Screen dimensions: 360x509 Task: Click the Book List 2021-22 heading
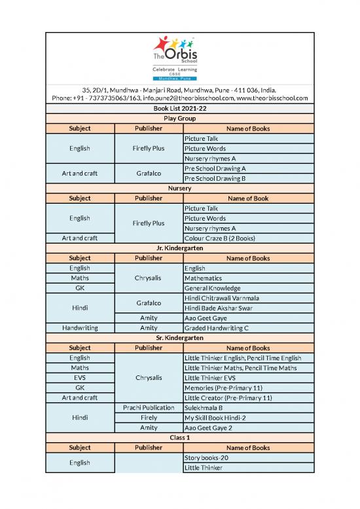pyautogui.click(x=179, y=108)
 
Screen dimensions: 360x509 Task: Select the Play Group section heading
pyautogui.click(x=179, y=119)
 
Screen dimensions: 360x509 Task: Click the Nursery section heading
pyautogui.click(x=179, y=188)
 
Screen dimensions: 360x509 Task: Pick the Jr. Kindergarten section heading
pyautogui.click(x=179, y=248)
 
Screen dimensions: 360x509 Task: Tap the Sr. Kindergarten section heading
pyautogui.click(x=179, y=338)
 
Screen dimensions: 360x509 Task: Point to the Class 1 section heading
pyautogui.click(x=179, y=438)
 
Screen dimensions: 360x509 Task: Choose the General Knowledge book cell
pyautogui.click(x=213, y=288)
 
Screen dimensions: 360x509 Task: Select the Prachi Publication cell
pyautogui.click(x=149, y=407)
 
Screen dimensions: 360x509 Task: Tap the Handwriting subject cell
pyautogui.click(x=80, y=328)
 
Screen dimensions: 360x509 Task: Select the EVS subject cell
pyautogui.click(x=80, y=378)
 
